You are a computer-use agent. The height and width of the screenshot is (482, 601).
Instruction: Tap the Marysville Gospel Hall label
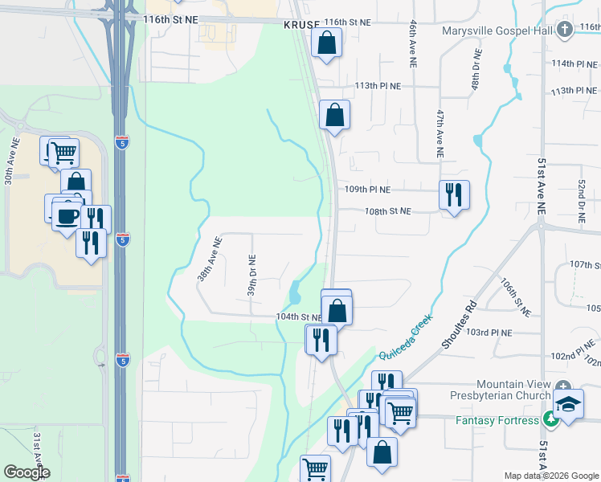coord(497,31)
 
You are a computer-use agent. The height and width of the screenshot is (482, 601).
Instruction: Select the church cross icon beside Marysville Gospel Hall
coord(565,31)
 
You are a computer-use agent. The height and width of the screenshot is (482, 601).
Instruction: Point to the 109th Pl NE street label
coord(367,190)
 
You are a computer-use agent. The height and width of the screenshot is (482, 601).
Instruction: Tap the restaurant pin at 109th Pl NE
coord(454,195)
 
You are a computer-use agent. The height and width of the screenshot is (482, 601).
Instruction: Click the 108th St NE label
coord(387,211)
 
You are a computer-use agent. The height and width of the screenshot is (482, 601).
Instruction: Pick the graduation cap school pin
coord(568,404)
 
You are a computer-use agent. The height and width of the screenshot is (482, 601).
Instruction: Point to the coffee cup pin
coord(67,215)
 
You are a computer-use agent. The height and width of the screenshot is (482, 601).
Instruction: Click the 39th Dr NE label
coord(251,276)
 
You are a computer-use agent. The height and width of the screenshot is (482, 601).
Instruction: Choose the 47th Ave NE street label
coord(440,133)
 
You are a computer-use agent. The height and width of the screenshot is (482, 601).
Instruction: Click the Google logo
coord(27,472)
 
